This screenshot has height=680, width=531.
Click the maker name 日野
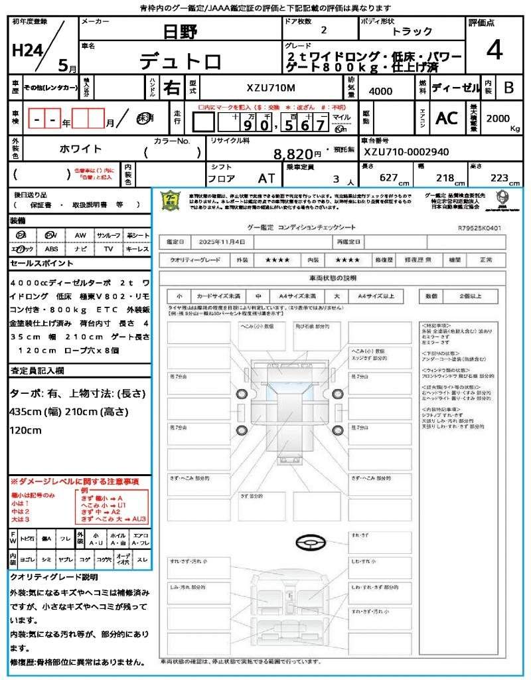tap(181, 31)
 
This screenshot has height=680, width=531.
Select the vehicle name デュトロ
tap(180, 61)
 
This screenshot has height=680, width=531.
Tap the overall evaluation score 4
tap(493, 50)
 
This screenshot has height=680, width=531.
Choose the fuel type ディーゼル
tap(455, 88)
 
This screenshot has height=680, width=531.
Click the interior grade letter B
tap(508, 88)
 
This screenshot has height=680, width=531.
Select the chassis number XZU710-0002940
tap(406, 152)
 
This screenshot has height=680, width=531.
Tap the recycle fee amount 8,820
tap(294, 154)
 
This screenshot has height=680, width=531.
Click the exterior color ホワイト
tap(80, 149)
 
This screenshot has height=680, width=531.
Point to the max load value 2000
tap(498, 118)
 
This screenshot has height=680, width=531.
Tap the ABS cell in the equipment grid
tap(51, 249)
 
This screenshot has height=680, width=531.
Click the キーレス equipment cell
tap(137, 249)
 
